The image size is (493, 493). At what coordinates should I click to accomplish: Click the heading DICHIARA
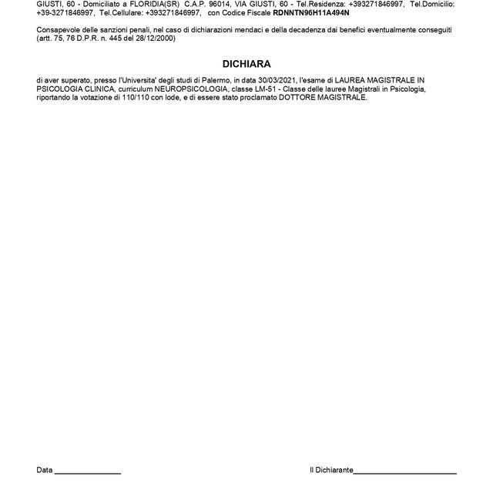246,65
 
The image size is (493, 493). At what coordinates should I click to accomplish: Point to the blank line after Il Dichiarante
404,470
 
